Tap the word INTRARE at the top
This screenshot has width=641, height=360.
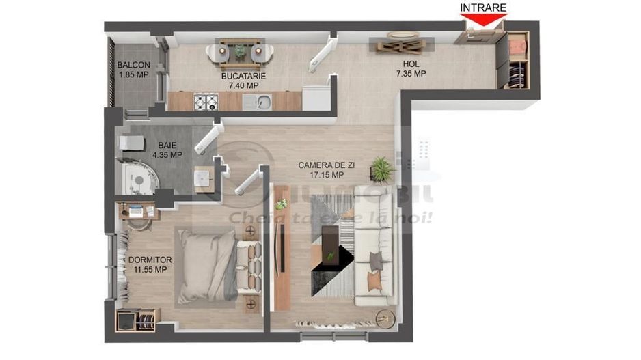pos(483,8)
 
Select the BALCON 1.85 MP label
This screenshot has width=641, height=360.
pos(133,70)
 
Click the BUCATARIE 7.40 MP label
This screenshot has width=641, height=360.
pos(243,81)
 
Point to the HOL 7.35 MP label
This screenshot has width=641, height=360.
pos(411,69)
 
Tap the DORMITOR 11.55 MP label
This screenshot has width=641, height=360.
pos(149,264)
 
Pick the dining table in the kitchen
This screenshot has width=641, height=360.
pos(239,51)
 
